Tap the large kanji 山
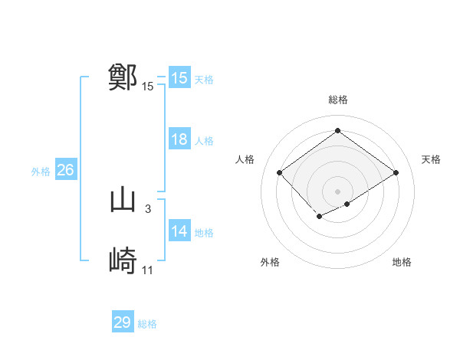[123, 200]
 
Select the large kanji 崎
[123, 261]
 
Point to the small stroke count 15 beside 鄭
[148, 87]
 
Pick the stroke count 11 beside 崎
[148, 270]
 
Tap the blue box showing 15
[179, 78]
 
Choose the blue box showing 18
[179, 139]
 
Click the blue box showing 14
[179, 231]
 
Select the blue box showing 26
[66, 170]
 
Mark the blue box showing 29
[123, 322]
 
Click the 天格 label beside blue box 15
[204, 80]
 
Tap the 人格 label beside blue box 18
[204, 141]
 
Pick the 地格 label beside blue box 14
[204, 233]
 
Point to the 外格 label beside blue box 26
[41, 172]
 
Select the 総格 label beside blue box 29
[148, 324]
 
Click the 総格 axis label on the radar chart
[337, 100]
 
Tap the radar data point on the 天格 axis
[396, 172]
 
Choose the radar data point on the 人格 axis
[280, 172]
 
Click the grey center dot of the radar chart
[337, 191]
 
